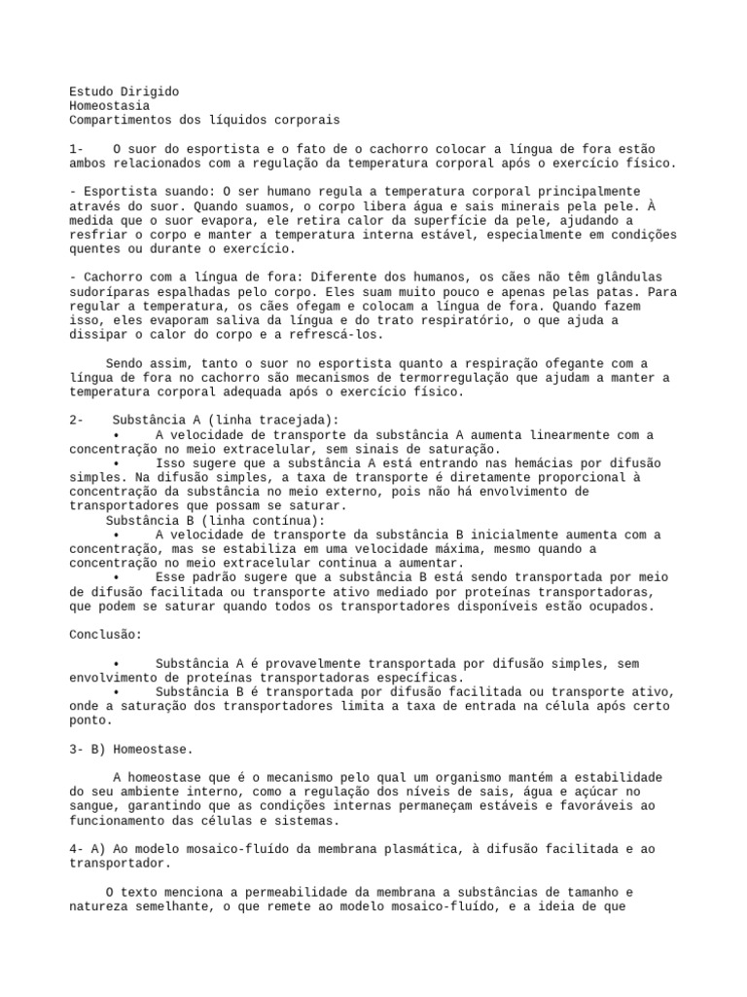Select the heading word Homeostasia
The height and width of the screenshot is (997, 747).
pos(110,105)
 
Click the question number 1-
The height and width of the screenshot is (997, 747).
pos(78,149)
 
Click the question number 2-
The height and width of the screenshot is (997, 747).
pos(78,420)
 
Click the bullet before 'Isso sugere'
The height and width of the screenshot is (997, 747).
pos(116,463)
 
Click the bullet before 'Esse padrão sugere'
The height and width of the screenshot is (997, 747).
pos(116,577)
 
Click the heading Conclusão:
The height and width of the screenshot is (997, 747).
pos(106,635)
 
